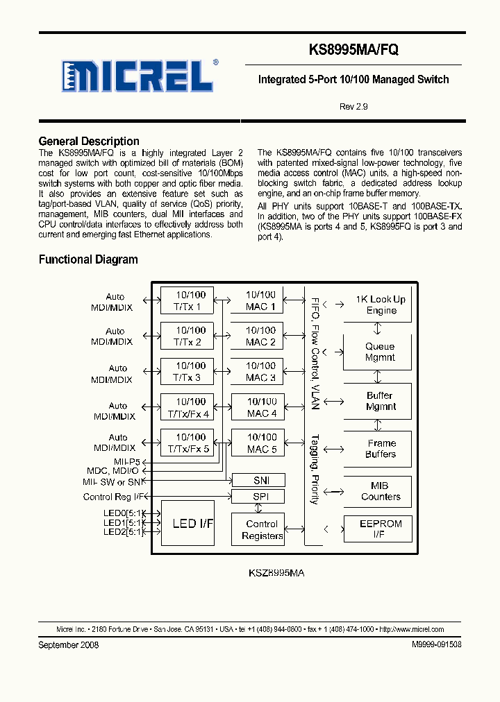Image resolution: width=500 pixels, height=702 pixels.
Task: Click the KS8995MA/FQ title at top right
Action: (x=353, y=50)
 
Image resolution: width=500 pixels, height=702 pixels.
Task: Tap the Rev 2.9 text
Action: (x=353, y=107)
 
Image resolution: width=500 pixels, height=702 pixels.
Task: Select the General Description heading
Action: (x=89, y=141)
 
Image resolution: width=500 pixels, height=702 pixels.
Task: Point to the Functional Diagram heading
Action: (x=88, y=259)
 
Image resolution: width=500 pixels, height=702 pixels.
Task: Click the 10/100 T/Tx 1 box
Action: (x=187, y=300)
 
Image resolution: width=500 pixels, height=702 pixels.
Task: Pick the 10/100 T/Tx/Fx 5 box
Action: (x=187, y=443)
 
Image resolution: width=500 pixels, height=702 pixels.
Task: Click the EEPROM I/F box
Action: (x=378, y=529)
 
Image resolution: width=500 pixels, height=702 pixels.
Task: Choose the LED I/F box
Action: (x=187, y=524)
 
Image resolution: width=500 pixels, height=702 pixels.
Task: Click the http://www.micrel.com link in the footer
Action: (x=417, y=629)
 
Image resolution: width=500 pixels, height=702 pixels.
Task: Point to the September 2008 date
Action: (x=68, y=645)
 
